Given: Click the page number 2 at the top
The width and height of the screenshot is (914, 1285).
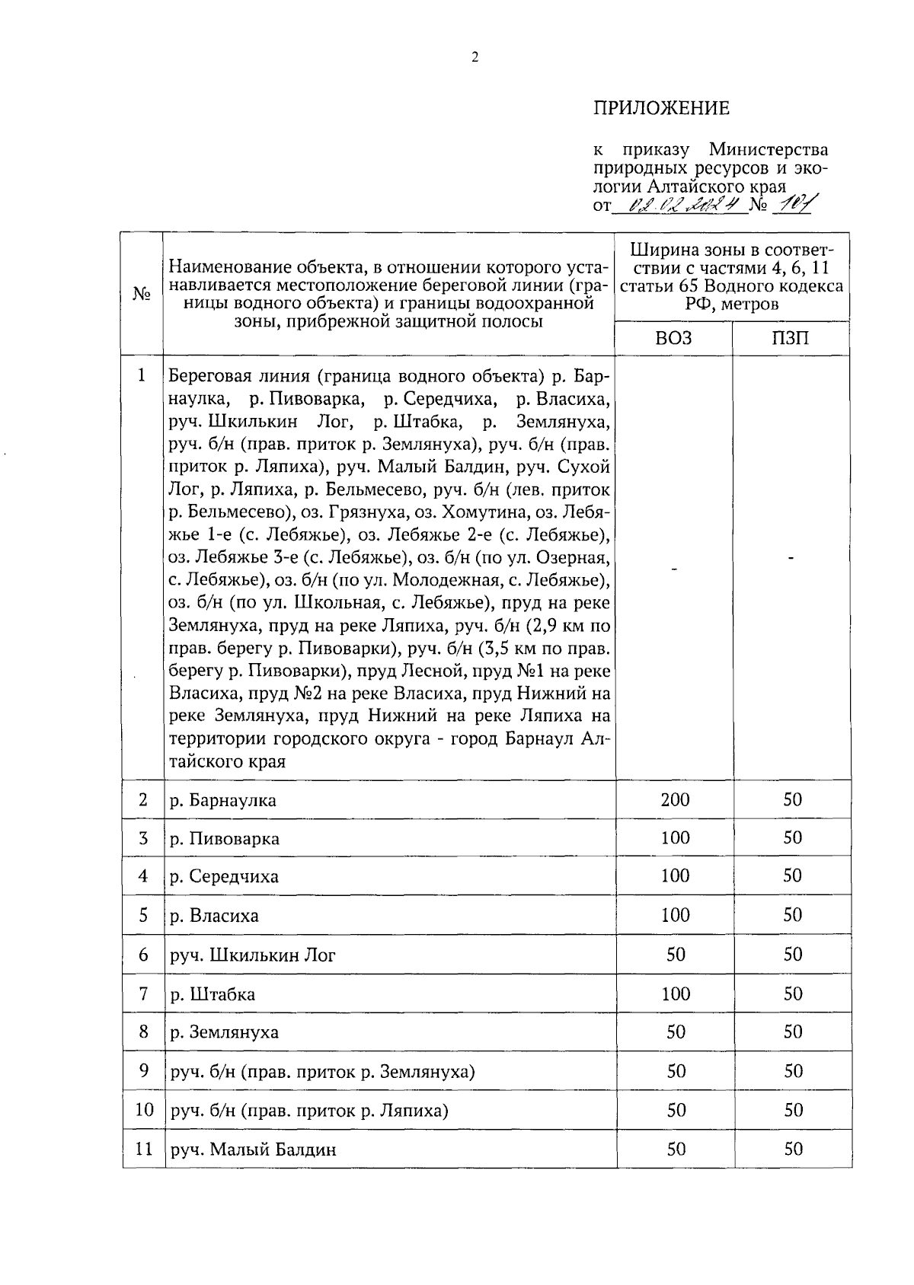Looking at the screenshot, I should [x=475, y=57].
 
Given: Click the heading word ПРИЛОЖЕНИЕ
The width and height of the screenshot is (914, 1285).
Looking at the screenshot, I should [x=661, y=109].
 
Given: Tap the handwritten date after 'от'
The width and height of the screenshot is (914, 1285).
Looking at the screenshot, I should [x=678, y=205].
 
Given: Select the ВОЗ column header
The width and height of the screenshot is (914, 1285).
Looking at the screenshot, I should [x=673, y=339].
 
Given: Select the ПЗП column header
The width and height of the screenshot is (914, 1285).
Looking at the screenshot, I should [x=791, y=339].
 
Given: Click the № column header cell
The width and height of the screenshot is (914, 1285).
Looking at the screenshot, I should [x=142, y=294].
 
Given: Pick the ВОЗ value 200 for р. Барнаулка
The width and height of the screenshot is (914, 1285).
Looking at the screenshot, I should [x=675, y=799].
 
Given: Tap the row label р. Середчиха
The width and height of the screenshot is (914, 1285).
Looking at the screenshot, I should [x=224, y=877].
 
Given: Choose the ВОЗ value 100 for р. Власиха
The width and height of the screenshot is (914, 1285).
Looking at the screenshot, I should [x=675, y=915].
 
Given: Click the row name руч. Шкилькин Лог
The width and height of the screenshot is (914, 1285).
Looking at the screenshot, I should [x=252, y=955].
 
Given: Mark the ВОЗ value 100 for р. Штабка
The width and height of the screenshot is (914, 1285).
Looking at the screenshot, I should [x=675, y=993].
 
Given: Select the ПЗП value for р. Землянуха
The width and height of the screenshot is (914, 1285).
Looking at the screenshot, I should [x=793, y=1032].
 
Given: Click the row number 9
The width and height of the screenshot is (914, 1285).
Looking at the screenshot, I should [x=143, y=1071].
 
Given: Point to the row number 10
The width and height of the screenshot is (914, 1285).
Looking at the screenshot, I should [x=144, y=1110].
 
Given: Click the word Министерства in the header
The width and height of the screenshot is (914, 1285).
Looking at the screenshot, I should [x=769, y=149].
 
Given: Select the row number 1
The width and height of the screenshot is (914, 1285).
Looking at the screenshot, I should [x=142, y=376].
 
